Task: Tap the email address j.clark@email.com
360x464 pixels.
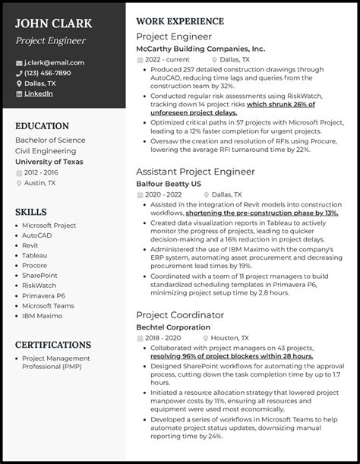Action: (55, 63)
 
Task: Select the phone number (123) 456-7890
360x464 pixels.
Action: (48, 73)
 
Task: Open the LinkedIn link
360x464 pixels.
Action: (39, 93)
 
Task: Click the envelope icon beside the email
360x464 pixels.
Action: (19, 63)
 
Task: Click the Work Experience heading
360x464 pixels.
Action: (179, 21)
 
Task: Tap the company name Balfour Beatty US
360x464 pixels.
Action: (169, 184)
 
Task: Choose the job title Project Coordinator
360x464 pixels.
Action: (180, 314)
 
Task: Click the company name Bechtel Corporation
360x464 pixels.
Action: (172, 327)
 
